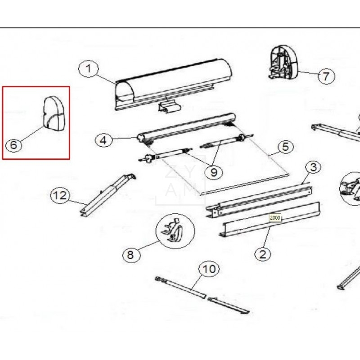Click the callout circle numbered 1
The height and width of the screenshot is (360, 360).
click(88, 69)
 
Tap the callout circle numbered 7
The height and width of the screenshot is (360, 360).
click(326, 76)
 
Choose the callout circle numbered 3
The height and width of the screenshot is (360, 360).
click(313, 167)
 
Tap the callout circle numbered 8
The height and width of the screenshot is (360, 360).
click(130, 255)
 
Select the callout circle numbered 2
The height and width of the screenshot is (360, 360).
click(263, 254)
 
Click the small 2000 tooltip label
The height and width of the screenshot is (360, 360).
click(275, 217)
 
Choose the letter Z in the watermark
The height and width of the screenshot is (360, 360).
click(171, 171)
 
